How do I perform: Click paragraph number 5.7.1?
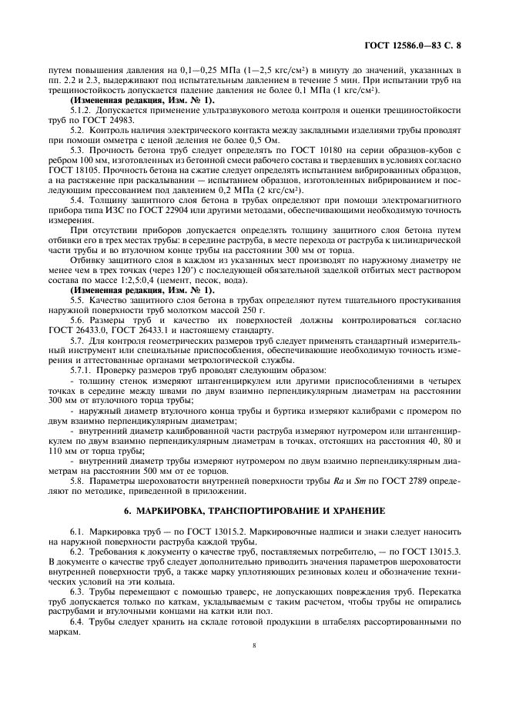(x=82, y=370)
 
